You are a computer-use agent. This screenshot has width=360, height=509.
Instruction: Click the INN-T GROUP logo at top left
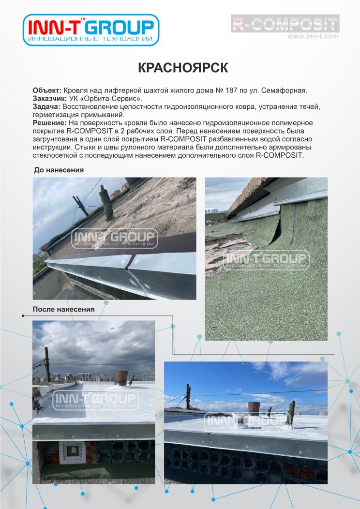(91, 30)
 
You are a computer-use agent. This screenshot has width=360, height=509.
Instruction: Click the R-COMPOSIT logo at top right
(285, 24)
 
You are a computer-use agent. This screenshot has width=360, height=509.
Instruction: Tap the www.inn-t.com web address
(313, 36)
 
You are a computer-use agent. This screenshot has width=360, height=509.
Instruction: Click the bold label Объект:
(47, 91)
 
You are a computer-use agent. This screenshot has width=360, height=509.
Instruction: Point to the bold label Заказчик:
(51, 99)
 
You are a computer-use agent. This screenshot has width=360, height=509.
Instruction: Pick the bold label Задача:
(46, 106)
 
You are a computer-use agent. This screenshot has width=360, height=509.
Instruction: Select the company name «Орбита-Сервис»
(113, 99)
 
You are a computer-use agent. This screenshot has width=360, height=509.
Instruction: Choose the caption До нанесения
(59, 170)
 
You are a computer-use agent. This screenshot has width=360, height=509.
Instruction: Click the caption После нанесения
(63, 309)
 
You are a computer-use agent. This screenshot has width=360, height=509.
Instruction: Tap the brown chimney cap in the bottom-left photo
(120, 376)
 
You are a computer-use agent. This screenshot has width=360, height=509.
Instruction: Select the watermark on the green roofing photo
(266, 260)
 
